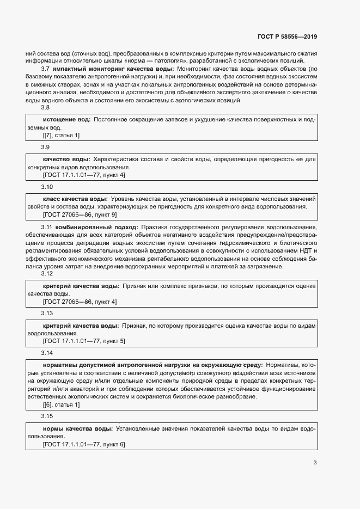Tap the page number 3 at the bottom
pyautogui.click(x=315, y=463)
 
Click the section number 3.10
pyautogui.click(x=47, y=187)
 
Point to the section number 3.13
pyautogui.click(x=47, y=314)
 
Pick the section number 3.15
pyautogui.click(x=47, y=416)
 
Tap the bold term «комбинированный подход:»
pyautogui.click(x=89, y=226)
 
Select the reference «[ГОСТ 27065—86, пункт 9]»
pyautogui.click(x=80, y=214)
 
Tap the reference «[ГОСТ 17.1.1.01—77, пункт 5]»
pyautogui.click(x=84, y=341)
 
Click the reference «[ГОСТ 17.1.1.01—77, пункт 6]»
pyautogui.click(x=84, y=444)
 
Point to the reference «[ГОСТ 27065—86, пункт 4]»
pyautogui.click(x=80, y=302)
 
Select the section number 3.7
pyautogui.click(x=46, y=69)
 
